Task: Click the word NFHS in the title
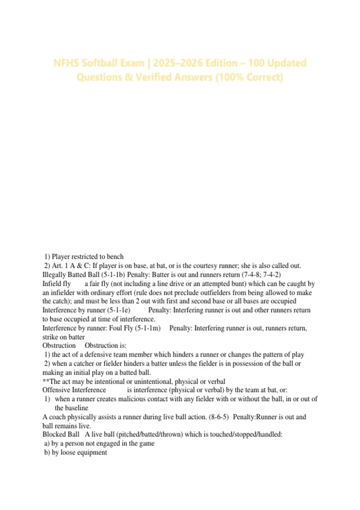66,63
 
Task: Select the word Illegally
54,275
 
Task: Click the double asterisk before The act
46,381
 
